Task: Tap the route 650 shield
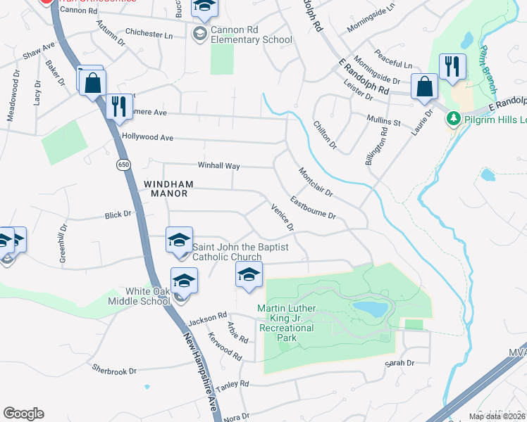click(124, 164)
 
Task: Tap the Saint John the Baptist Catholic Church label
click(228, 252)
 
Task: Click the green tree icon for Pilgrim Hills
click(454, 119)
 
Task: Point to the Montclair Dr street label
click(314, 182)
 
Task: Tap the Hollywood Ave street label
click(147, 137)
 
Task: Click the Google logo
click(23, 414)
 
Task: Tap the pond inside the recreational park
click(370, 309)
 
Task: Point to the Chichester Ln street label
click(149, 33)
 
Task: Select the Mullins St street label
click(383, 120)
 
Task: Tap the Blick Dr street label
click(118, 214)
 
